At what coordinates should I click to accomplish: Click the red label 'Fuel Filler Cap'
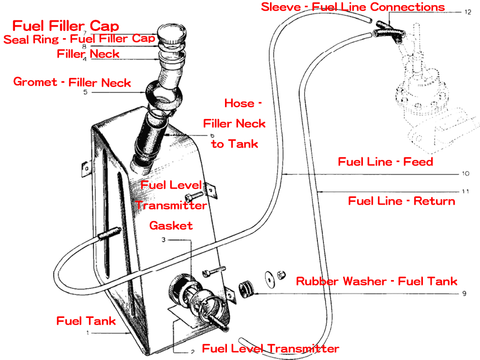tap(65, 26)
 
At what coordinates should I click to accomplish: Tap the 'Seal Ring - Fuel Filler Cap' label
tap(79, 39)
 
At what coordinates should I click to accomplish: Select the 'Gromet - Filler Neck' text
tap(72, 82)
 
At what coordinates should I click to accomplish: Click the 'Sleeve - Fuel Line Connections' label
tap(353, 7)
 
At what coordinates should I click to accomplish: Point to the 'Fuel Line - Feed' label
tap(385, 162)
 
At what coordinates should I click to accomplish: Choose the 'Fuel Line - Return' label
tap(402, 201)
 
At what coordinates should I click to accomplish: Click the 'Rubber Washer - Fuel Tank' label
tap(376, 281)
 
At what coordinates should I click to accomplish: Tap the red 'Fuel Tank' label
tap(86, 321)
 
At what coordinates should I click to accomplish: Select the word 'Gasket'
tap(171, 225)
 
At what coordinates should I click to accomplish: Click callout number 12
tap(467, 11)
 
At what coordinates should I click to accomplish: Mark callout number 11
tap(465, 192)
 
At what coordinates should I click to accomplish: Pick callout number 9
tap(465, 293)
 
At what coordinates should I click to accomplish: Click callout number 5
tap(85, 92)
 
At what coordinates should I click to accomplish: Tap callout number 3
tap(164, 240)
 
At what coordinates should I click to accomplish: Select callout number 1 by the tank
tap(88, 333)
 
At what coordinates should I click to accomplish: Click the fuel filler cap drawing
tap(172, 34)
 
